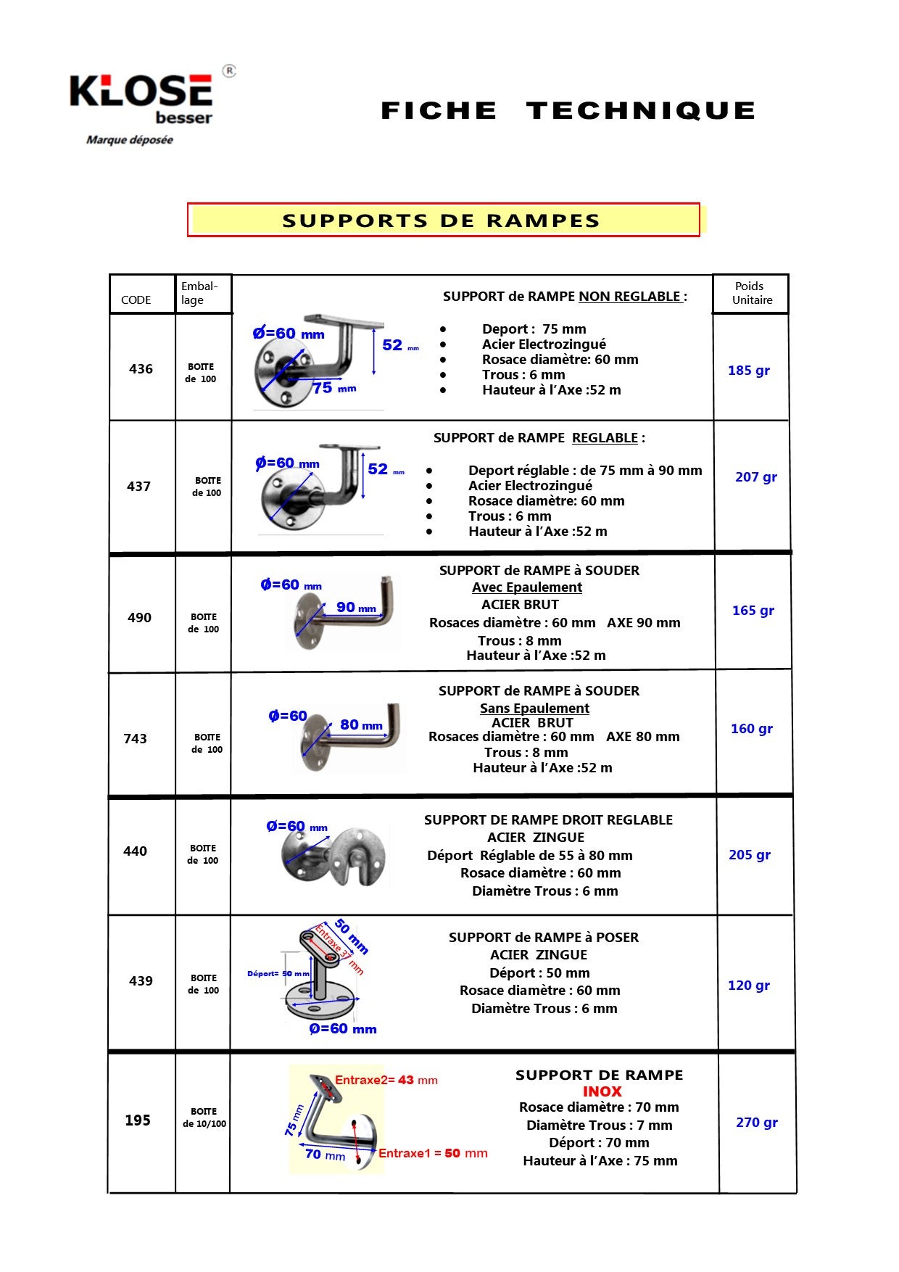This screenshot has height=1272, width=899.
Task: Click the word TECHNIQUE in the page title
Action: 641,111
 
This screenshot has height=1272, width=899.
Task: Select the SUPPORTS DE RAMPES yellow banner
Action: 443,220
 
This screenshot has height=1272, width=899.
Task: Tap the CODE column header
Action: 136,300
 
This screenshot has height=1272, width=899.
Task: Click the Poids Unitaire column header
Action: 751,293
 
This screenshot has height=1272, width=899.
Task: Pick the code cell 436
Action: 141,368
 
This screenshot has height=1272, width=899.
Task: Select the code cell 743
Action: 136,738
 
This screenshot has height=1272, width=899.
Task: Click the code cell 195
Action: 138,1120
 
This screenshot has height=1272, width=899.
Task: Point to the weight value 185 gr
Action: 749,370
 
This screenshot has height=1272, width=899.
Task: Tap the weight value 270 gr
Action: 757,1122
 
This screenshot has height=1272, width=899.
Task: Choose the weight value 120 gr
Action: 749,985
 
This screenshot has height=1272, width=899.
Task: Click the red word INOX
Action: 602,1091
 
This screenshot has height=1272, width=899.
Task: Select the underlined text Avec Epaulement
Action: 527,587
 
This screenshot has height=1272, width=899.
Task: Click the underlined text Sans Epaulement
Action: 534,708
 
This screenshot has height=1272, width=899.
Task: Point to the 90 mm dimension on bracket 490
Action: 356,608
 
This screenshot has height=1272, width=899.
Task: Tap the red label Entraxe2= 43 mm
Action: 386,1080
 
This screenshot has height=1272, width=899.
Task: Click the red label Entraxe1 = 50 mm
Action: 433,1153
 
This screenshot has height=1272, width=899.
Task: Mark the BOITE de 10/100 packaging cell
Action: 204,1117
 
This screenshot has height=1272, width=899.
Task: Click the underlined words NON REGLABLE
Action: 630,296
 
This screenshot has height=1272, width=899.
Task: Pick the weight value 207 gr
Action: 756,476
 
